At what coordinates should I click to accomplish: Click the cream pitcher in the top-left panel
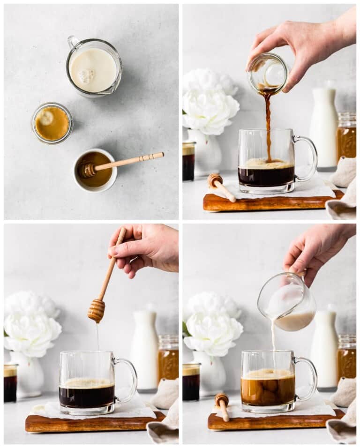[94, 67]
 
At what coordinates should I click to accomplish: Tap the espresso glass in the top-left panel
[52, 123]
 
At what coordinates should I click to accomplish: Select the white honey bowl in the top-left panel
[95, 170]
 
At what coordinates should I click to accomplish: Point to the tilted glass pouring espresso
[268, 73]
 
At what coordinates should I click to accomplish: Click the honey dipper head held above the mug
[97, 310]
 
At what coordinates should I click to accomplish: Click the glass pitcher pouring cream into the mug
[287, 302]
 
